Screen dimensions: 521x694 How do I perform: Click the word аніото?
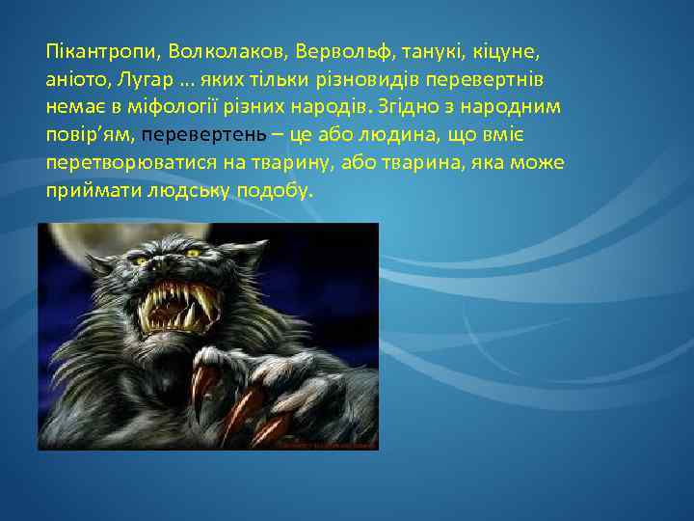click(x=75, y=76)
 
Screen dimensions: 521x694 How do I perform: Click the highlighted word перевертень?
click(x=198, y=132)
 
